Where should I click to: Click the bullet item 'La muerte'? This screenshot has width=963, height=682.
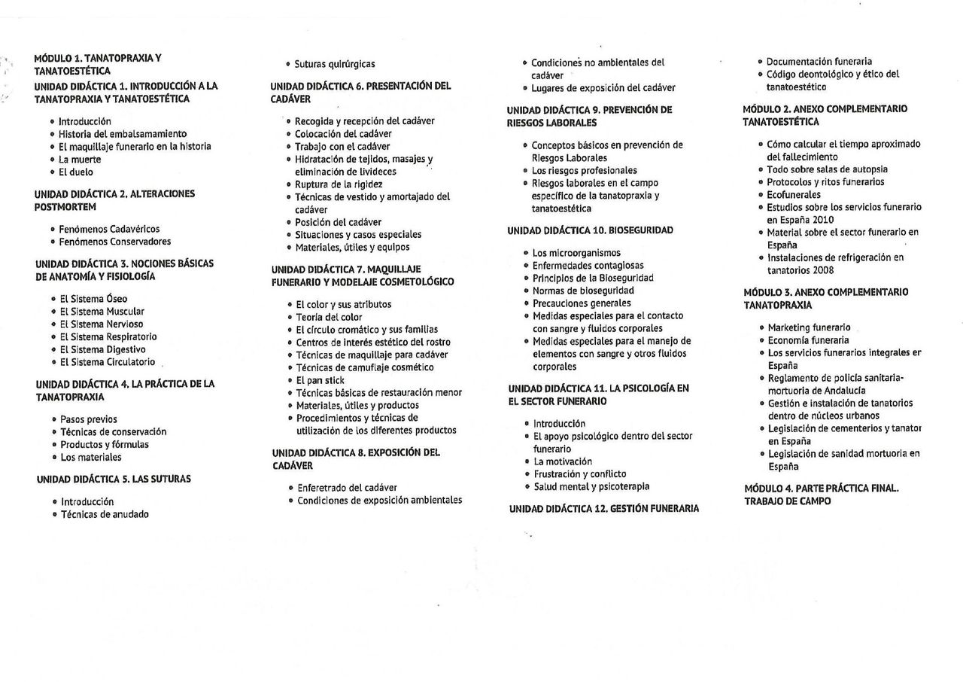point(80,160)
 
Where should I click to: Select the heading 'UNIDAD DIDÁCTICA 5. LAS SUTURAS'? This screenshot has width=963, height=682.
point(114,479)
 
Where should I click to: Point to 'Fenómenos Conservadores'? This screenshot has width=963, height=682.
point(115,242)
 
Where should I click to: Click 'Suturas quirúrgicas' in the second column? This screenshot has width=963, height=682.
point(335,65)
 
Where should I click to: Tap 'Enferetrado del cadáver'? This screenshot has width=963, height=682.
point(347,488)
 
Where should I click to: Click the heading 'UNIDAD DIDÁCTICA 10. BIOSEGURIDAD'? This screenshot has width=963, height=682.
point(590,230)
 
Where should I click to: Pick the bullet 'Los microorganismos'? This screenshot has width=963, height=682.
point(576,253)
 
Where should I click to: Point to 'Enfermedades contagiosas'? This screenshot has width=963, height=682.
point(588,266)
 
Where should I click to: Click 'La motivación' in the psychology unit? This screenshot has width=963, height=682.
point(563,461)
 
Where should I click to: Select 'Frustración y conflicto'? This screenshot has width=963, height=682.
point(579,474)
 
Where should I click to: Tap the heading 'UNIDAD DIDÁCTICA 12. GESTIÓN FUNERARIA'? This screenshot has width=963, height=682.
point(603,509)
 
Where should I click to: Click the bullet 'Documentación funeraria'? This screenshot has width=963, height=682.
point(819,61)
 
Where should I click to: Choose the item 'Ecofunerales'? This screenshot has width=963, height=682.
point(794,194)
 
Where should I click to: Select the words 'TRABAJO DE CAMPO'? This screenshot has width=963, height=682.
point(788,501)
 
